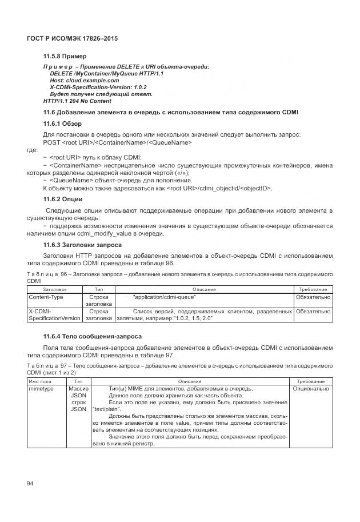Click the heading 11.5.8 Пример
(65, 57)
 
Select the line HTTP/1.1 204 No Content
(77, 101)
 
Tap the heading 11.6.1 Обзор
(62, 123)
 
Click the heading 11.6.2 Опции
(63, 199)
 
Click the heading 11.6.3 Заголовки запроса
(82, 245)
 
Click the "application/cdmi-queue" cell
(164, 297)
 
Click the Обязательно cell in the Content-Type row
(313, 297)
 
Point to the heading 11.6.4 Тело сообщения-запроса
(85, 336)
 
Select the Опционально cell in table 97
(311, 389)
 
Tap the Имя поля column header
(40, 381)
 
